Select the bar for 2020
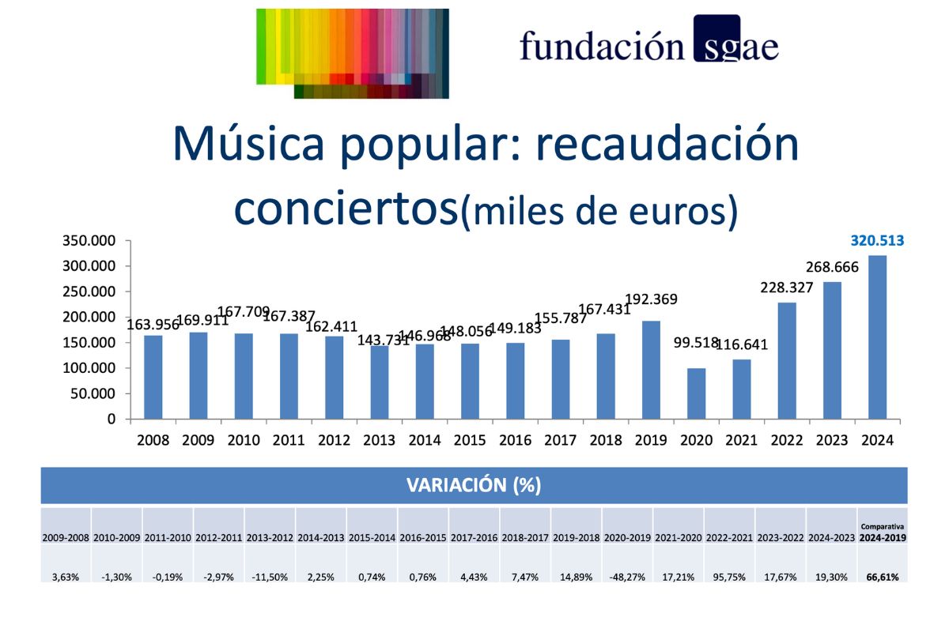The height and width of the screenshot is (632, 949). [x=697, y=393]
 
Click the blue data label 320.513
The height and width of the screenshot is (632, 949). [x=877, y=242]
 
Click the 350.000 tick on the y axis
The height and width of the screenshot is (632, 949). [x=89, y=241]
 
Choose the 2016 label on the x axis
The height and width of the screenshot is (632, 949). [x=515, y=441]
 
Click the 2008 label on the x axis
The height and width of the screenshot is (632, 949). [x=153, y=441]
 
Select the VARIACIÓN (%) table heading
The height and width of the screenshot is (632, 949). [x=474, y=485]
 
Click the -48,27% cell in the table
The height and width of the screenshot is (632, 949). [x=627, y=577]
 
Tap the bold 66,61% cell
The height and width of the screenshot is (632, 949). [x=883, y=577]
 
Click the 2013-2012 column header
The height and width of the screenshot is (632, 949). [x=270, y=537]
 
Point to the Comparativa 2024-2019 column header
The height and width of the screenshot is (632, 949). [x=883, y=532]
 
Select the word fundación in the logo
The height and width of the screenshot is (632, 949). [x=601, y=45]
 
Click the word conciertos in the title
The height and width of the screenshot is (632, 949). [x=346, y=206]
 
